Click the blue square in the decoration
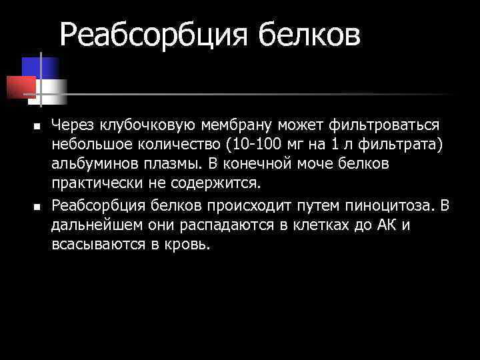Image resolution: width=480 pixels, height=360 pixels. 41,67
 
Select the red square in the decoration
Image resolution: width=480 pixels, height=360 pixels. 20,86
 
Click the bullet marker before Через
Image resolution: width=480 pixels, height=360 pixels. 37,126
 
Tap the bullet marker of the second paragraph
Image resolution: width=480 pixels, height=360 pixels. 37,206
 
